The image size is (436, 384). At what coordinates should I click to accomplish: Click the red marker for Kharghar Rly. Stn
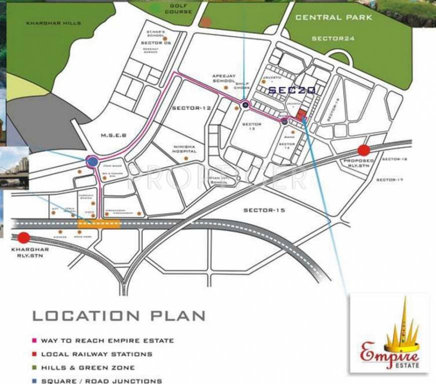[24, 237]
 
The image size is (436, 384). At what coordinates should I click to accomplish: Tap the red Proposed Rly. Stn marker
[364, 150]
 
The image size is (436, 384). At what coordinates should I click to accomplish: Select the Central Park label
[334, 17]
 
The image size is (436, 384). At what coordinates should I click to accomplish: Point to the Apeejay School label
[223, 78]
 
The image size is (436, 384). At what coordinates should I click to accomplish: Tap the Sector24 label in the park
[333, 38]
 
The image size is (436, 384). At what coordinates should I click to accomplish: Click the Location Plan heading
[119, 316]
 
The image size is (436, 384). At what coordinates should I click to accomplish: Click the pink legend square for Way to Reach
[35, 340]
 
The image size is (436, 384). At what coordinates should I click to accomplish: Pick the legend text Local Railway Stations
[96, 354]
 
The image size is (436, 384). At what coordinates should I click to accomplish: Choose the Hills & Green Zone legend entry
[88, 367]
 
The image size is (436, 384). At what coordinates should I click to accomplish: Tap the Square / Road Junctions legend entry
[101, 380]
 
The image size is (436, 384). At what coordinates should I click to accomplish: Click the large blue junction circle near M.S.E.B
[92, 161]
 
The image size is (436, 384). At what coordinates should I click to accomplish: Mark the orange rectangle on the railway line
[98, 223]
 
